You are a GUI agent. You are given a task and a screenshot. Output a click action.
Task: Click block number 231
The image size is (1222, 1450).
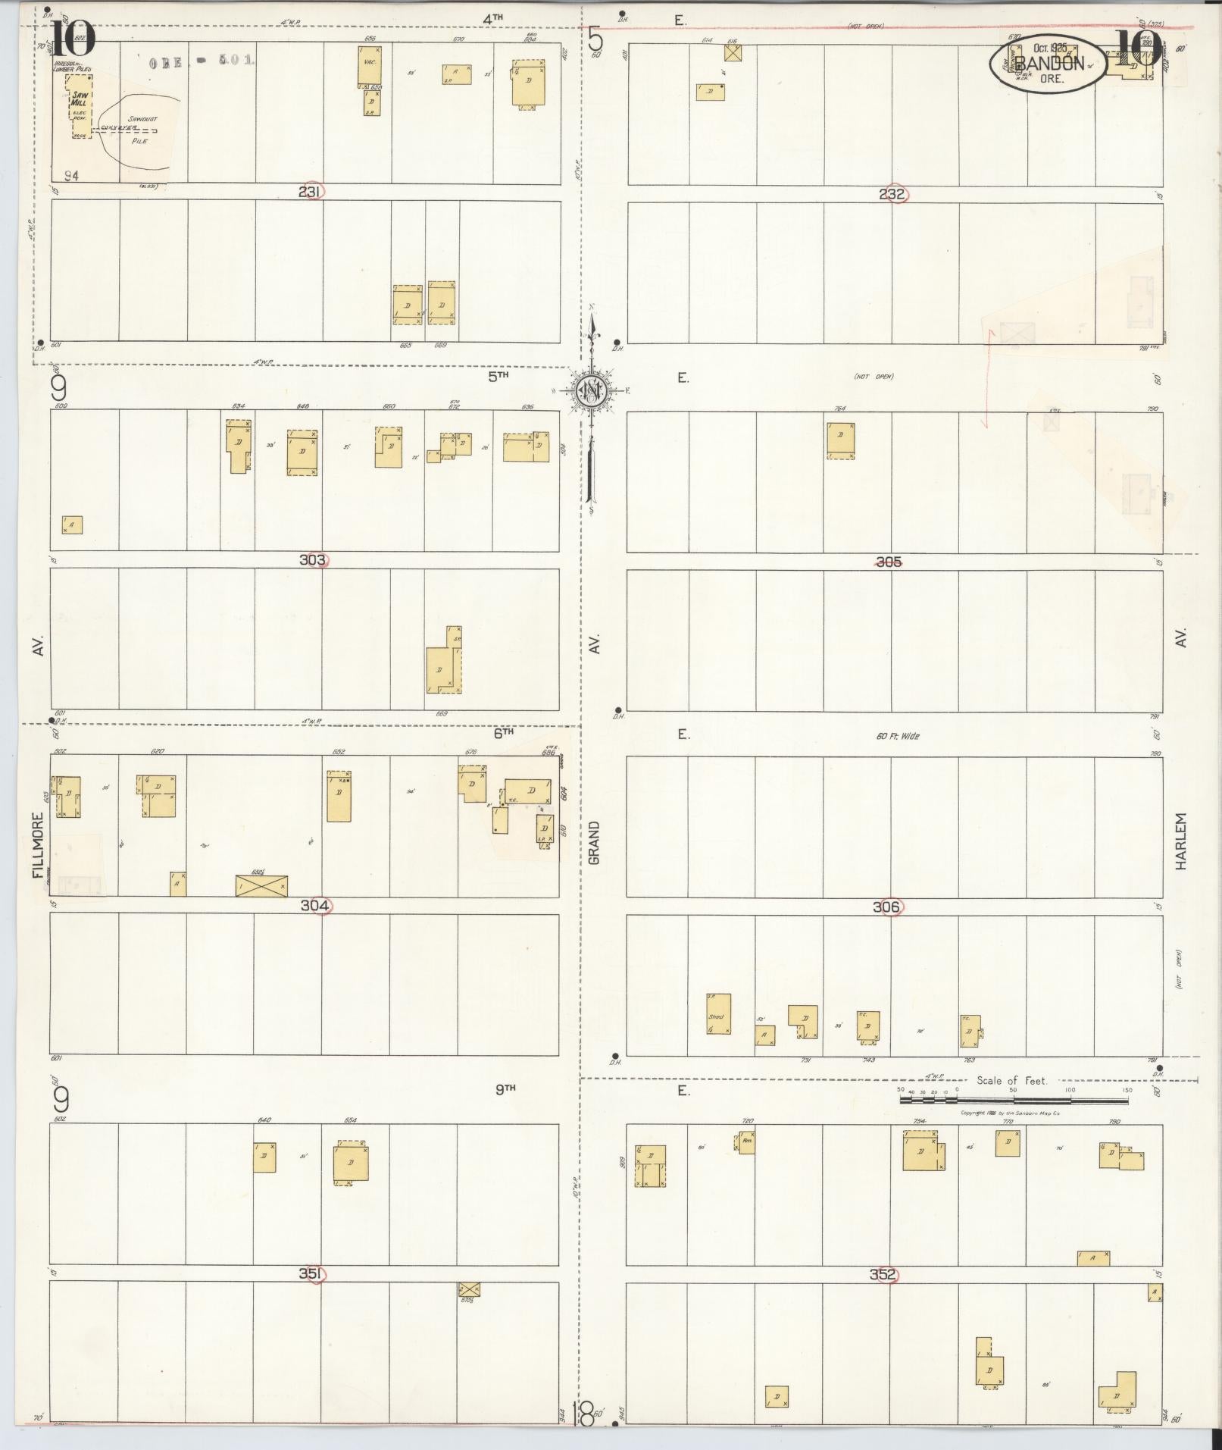309,192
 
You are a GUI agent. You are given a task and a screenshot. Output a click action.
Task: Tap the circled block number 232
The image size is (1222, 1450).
892,194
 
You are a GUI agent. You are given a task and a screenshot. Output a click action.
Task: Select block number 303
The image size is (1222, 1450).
312,560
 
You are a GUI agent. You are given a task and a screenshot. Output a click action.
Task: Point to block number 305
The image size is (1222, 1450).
889,562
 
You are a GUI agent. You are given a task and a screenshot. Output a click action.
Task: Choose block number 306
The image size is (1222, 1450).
886,907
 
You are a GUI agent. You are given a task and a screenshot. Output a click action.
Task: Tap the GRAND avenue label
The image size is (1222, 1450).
594,842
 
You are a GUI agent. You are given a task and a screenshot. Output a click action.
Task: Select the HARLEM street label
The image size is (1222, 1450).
1180,841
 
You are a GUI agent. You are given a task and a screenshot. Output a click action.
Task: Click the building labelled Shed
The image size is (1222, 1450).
717,1014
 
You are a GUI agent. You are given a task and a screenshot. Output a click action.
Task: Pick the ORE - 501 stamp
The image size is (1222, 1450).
202,60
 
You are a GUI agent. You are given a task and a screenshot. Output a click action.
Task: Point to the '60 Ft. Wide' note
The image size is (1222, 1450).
899,736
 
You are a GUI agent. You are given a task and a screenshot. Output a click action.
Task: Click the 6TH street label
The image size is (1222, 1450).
503,732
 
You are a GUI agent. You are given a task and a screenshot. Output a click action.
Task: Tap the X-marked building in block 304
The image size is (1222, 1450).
261,885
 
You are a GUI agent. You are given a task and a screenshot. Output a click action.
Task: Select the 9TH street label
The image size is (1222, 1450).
505,1088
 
